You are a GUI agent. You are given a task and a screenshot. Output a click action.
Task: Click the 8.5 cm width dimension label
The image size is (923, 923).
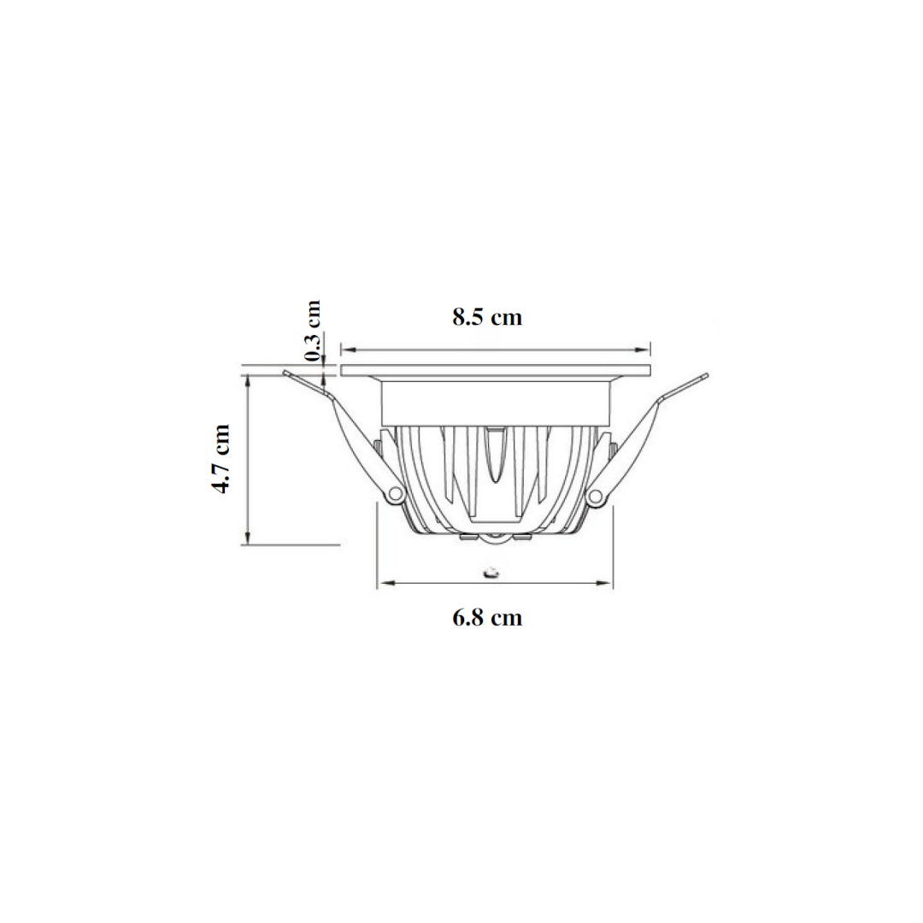pos(487,317)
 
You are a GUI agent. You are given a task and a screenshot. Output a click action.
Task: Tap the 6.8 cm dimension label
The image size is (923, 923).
pos(487,618)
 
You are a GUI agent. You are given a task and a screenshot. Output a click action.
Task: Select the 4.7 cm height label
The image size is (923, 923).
pos(221,459)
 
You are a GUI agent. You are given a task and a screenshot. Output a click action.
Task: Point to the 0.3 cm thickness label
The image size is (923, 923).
pos(313,331)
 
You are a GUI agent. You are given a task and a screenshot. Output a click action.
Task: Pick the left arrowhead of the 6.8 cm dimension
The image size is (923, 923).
pos(385,584)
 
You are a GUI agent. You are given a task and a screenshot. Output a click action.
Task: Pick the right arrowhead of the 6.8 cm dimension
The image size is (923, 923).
pos(604,584)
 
